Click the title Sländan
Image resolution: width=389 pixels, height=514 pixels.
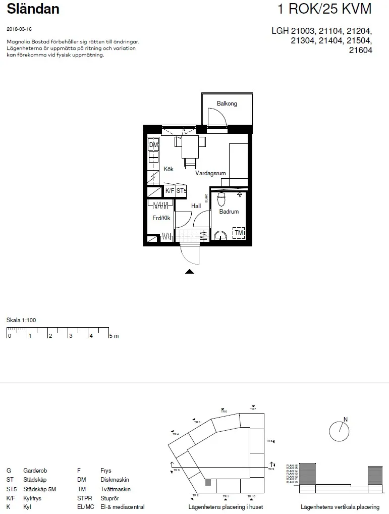click(x=33, y=9)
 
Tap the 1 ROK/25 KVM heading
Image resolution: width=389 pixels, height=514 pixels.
click(x=324, y=9)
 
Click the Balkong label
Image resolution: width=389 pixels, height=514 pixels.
click(x=227, y=104)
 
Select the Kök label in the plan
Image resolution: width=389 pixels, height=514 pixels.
click(x=169, y=170)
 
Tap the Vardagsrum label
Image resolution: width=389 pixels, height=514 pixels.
click(x=210, y=173)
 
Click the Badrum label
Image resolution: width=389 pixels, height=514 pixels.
click(x=229, y=212)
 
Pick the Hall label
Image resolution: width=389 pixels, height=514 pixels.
click(x=196, y=206)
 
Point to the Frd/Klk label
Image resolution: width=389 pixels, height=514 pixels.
click(x=161, y=218)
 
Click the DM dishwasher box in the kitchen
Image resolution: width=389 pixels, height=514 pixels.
click(x=153, y=145)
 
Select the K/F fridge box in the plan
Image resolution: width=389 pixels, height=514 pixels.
click(x=170, y=191)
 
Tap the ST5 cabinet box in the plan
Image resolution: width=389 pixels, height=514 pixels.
click(x=181, y=191)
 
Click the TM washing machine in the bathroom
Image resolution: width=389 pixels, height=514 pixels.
click(x=238, y=233)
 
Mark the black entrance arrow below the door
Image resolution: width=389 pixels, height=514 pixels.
click(x=189, y=272)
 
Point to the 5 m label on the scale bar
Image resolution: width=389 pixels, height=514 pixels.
click(x=114, y=336)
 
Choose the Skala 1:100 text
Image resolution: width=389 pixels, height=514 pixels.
click(x=21, y=320)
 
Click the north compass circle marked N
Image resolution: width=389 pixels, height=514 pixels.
click(x=339, y=431)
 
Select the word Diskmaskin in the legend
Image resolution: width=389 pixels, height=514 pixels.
click(x=115, y=480)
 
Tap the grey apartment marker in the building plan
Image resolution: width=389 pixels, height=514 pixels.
click(x=208, y=482)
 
